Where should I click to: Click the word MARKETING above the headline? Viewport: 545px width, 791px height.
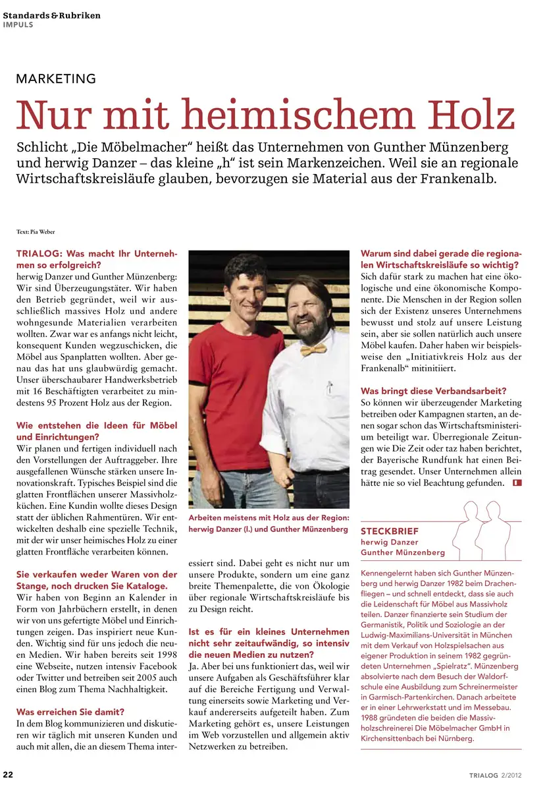click(56, 79)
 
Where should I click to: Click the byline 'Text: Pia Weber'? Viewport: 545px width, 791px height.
click(36, 231)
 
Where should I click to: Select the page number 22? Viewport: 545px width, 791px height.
click(9, 774)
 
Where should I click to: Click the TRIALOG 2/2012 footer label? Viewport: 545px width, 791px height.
click(496, 775)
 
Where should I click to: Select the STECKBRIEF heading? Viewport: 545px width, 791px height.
click(389, 531)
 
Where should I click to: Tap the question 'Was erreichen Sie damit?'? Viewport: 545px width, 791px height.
click(70, 711)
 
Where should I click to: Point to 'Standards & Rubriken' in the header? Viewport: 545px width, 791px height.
click(52, 15)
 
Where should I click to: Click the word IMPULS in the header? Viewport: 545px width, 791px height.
click(18, 25)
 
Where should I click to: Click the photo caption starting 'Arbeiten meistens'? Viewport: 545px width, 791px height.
click(269, 523)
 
